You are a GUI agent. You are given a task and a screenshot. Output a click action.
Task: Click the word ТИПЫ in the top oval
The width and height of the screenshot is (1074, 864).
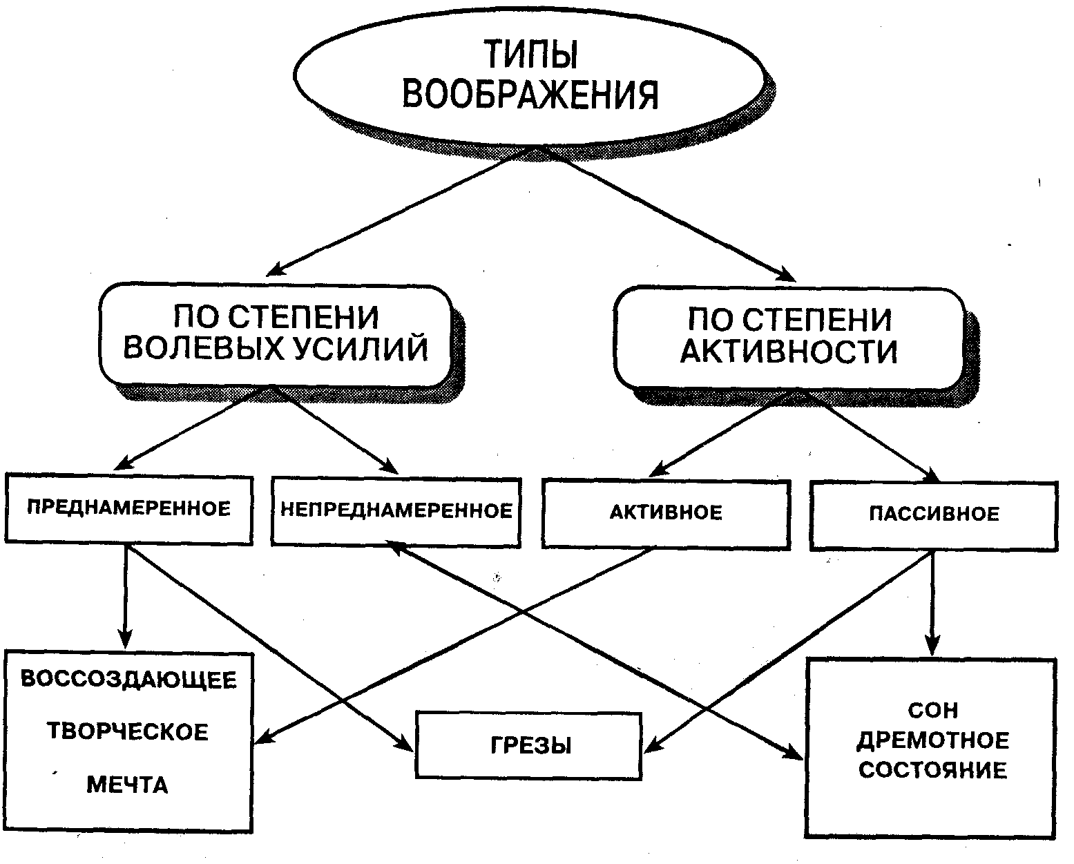click(x=531, y=54)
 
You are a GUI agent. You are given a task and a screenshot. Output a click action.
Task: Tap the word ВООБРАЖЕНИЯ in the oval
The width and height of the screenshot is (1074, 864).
click(x=530, y=94)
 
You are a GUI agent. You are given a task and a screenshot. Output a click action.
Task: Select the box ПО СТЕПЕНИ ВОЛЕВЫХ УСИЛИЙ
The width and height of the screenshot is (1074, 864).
click(x=276, y=335)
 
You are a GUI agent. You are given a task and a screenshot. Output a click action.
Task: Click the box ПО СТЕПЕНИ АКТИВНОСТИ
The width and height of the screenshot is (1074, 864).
click(x=789, y=338)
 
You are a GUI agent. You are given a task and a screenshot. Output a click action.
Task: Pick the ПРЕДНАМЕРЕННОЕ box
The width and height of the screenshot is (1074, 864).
click(x=128, y=508)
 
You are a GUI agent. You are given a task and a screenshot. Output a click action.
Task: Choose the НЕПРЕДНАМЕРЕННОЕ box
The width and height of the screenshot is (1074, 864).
click(x=396, y=512)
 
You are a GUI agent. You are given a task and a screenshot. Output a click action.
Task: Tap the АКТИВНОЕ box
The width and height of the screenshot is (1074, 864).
click(x=667, y=514)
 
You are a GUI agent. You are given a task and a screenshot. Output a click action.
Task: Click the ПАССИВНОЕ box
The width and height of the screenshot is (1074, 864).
click(x=934, y=516)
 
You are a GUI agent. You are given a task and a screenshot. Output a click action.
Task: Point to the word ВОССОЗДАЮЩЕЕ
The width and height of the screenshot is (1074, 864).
click(x=128, y=680)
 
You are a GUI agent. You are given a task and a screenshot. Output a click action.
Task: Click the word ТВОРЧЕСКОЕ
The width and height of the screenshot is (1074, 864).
click(x=128, y=732)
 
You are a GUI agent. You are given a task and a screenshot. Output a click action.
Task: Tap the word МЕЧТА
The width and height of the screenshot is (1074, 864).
click(x=127, y=785)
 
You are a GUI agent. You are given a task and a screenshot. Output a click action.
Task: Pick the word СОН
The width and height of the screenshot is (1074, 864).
click(x=933, y=711)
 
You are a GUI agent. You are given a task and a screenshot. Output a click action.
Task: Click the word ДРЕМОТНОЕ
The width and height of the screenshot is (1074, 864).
click(x=933, y=740)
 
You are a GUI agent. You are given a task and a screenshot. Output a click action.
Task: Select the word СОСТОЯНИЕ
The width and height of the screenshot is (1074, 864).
click(x=933, y=770)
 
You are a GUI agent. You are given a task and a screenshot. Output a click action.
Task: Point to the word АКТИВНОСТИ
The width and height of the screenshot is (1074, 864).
click(x=789, y=352)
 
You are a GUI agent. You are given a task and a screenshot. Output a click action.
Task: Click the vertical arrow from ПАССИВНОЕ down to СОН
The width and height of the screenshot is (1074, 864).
click(x=932, y=604)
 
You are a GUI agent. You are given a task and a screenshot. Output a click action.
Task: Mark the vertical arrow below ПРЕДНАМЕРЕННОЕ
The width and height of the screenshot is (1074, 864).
click(x=125, y=597)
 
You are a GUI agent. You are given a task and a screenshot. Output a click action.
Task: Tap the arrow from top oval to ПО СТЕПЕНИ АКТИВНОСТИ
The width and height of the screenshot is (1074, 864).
click(x=667, y=213)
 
